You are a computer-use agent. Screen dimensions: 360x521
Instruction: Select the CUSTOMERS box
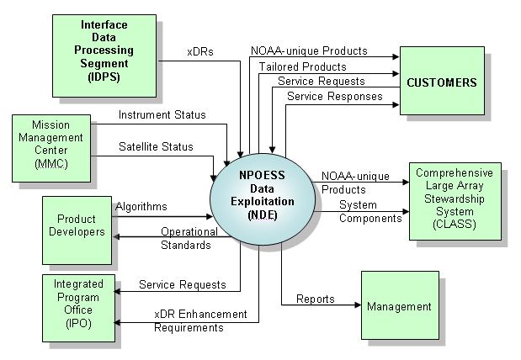tap(441, 82)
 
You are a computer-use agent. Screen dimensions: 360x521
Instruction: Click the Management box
tap(398, 307)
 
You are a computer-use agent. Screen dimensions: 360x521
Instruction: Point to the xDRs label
tap(200, 52)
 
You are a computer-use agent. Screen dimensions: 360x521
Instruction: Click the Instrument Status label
tap(162, 115)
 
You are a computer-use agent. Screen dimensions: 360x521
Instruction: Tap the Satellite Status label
tap(156, 146)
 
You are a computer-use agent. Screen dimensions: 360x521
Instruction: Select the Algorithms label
tap(141, 206)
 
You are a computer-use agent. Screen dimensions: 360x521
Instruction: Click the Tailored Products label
tap(302, 66)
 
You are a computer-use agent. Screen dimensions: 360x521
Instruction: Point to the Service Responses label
tap(334, 97)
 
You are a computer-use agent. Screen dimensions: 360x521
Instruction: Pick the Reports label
tap(316, 299)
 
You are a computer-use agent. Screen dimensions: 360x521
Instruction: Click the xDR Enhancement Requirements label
tap(200, 320)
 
